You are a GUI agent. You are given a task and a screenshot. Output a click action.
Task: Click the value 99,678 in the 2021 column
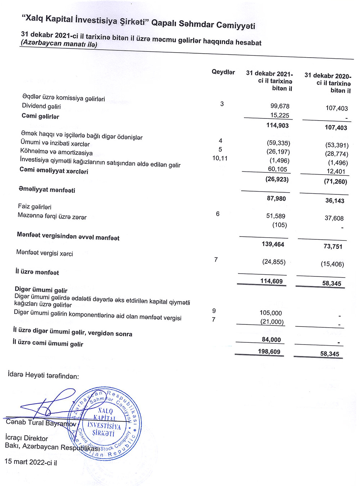click(280, 106)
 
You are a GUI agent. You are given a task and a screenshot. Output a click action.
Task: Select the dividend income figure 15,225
click(280, 116)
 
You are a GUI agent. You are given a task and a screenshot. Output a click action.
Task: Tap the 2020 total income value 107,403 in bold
click(336, 127)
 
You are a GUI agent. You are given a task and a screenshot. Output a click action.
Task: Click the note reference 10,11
click(220, 158)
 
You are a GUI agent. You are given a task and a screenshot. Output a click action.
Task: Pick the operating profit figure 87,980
click(276, 199)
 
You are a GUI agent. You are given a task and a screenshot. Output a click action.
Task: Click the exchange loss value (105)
click(279, 225)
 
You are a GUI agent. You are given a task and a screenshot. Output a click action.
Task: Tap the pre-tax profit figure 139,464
click(273, 244)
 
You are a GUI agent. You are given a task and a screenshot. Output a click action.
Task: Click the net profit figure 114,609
click(271, 281)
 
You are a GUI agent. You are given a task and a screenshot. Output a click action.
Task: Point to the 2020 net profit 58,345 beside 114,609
click(332, 283)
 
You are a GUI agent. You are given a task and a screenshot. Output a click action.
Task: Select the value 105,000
click(271, 313)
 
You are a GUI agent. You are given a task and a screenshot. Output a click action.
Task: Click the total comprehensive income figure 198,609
click(269, 352)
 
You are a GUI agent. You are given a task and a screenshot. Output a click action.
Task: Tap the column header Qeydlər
click(223, 72)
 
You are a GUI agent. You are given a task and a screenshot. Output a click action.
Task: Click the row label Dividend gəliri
click(41, 106)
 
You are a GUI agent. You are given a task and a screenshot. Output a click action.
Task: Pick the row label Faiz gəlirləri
click(35, 207)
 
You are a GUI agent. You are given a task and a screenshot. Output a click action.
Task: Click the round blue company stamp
click(105, 423)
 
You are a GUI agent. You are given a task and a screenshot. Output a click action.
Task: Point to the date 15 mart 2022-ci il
click(31, 462)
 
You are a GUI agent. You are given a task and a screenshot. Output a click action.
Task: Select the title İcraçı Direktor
click(27, 438)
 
